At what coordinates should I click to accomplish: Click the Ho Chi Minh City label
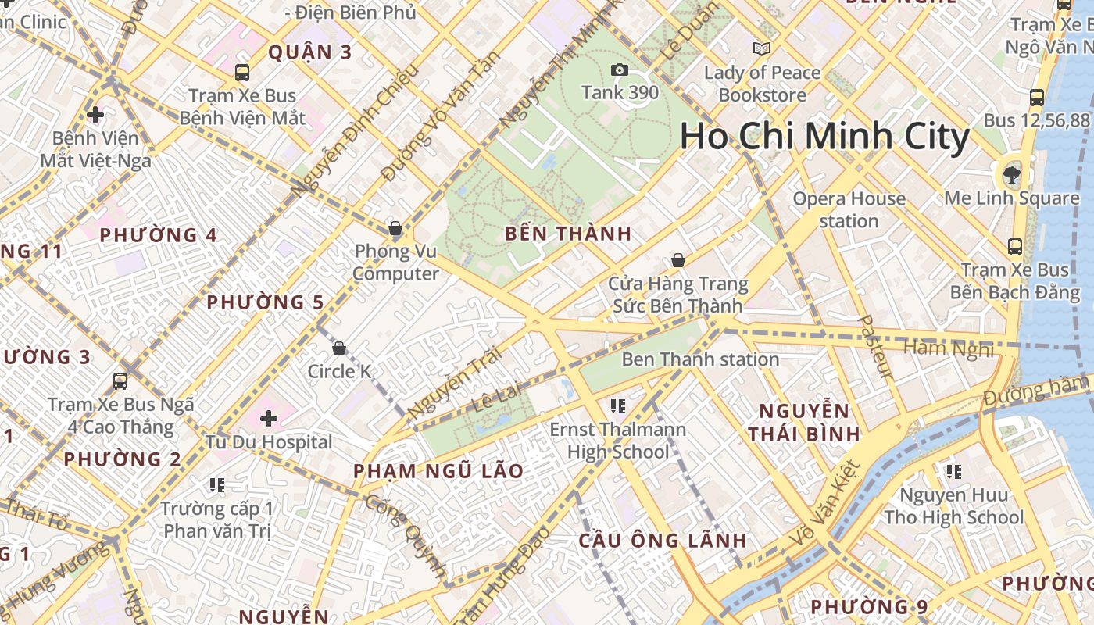click(x=824, y=137)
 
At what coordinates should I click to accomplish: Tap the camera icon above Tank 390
click(x=620, y=70)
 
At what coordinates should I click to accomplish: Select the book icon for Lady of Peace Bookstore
click(x=762, y=48)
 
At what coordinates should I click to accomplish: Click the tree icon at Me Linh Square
click(x=1012, y=173)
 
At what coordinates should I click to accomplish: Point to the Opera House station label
click(x=849, y=210)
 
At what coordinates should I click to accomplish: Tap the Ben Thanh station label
click(x=700, y=359)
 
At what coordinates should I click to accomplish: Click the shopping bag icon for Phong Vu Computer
click(x=395, y=228)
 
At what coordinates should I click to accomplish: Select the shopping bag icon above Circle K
click(x=339, y=348)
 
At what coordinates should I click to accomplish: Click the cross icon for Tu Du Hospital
click(x=269, y=419)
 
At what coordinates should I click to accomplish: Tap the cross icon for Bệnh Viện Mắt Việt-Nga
click(x=95, y=115)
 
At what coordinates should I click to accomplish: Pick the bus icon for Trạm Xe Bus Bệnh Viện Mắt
click(x=242, y=73)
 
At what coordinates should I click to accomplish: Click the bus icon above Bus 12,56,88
click(x=1036, y=98)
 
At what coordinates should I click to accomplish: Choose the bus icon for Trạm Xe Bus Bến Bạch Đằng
click(x=1015, y=247)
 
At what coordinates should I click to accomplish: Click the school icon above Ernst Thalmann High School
click(x=618, y=405)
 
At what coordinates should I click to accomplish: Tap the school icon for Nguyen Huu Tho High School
click(x=953, y=471)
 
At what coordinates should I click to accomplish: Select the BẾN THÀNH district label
click(x=567, y=234)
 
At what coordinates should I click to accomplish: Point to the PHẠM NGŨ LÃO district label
click(x=438, y=471)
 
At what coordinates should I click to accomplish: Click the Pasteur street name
click(x=874, y=347)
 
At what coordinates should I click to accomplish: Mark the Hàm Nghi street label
click(x=949, y=348)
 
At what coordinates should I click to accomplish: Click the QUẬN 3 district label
click(x=310, y=52)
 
